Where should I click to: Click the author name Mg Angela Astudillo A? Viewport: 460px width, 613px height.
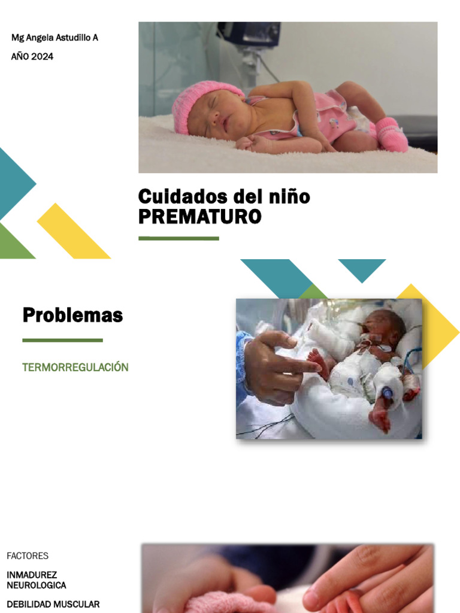point(55,38)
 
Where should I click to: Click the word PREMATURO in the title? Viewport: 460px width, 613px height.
point(199,217)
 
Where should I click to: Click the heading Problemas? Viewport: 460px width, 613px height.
point(72,315)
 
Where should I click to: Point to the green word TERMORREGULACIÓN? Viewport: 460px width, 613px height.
point(75,367)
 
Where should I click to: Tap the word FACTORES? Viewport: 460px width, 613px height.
point(28,556)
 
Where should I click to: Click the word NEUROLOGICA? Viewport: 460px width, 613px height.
point(37,585)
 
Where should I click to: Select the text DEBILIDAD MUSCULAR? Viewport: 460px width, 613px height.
point(53,604)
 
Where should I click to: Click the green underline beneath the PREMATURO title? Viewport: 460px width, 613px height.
point(178,238)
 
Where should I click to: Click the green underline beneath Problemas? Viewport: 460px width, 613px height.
point(62,340)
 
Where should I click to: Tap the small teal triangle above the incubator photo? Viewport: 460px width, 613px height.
point(362,268)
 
